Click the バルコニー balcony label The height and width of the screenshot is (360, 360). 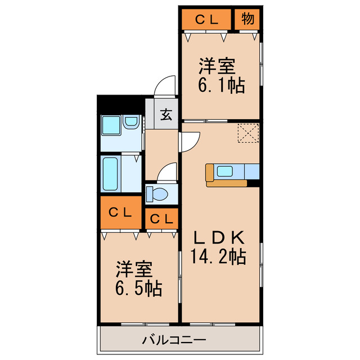pos(174,340)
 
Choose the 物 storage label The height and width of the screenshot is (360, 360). pos(247,19)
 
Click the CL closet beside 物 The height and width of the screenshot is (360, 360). pos(206,19)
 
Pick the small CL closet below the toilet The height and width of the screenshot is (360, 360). pos(161,219)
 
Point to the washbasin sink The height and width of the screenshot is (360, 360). pos(132,122)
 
